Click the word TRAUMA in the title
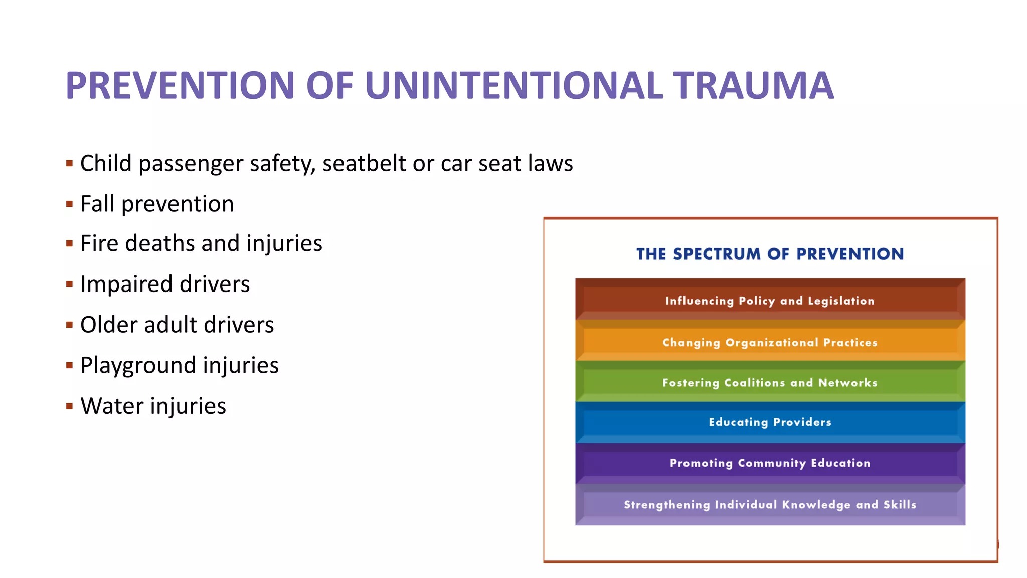click(x=753, y=86)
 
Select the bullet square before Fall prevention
click(x=70, y=204)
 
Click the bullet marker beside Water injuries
click(x=70, y=406)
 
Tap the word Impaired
click(x=126, y=284)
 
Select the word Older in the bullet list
click(x=108, y=325)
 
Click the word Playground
click(x=138, y=365)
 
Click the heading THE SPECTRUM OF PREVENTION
click(x=770, y=254)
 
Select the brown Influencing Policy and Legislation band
click(x=770, y=300)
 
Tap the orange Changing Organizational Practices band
click(x=770, y=342)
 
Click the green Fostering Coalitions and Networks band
click(x=770, y=382)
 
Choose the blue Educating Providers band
click(x=770, y=422)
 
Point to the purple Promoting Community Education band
click(x=770, y=463)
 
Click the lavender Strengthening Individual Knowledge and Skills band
click(x=770, y=504)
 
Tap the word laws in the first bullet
click(x=550, y=163)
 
